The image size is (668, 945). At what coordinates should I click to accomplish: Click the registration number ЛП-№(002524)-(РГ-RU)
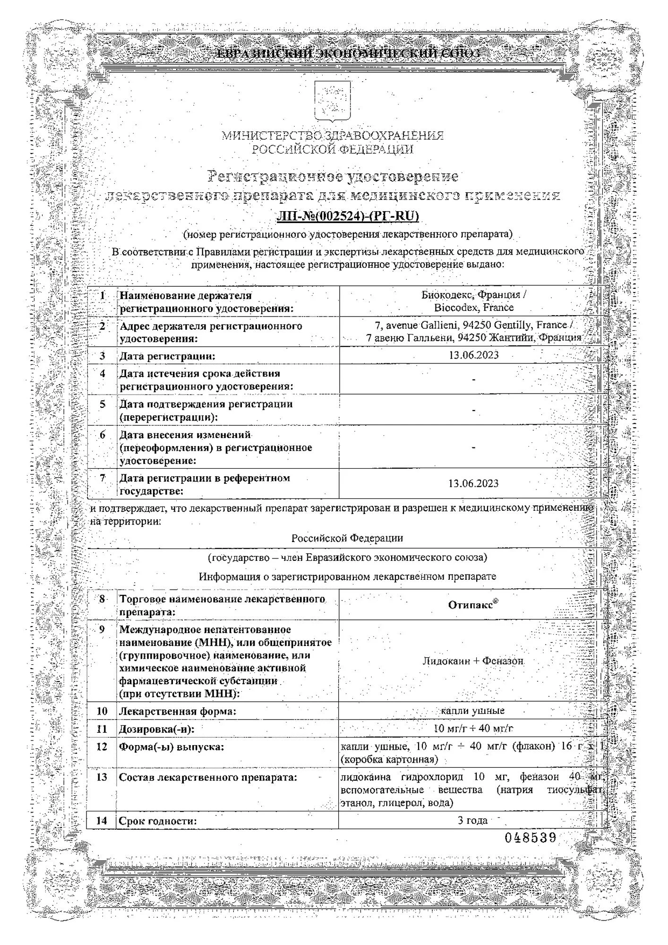348,216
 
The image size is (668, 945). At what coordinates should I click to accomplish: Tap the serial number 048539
530,838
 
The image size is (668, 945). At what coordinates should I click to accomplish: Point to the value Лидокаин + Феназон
473,661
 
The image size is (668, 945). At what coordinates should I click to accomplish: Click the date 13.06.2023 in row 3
473,355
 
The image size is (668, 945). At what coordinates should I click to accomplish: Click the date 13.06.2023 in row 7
473,483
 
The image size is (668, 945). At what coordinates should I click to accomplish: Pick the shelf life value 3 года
472,820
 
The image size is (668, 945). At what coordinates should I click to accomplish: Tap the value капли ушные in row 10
473,711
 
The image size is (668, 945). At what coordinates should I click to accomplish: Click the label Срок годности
158,821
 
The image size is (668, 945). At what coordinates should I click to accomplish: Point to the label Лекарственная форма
178,711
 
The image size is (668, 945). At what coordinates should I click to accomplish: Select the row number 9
102,629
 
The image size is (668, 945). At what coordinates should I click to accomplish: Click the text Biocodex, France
473,308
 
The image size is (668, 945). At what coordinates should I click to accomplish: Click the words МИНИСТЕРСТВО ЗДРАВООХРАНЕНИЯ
333,136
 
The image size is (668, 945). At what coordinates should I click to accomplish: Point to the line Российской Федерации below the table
347,538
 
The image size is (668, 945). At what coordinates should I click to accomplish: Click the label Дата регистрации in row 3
167,356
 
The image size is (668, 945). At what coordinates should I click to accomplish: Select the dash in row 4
473,379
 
